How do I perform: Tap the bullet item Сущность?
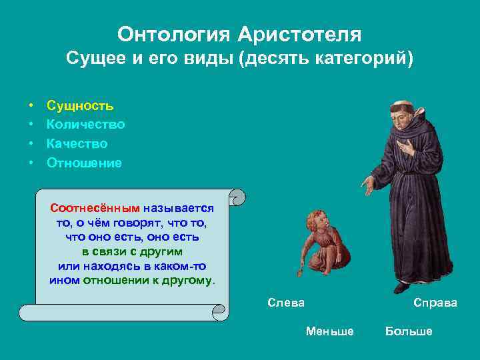pos(80,105)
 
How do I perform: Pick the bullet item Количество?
pos(85,125)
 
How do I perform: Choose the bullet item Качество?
pos(77,143)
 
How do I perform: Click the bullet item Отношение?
pos(84,163)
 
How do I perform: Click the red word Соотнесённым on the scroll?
pos(95,208)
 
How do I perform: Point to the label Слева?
pos(285,303)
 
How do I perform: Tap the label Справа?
pos(435,303)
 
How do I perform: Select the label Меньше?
pos(329,331)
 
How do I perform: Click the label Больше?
pos(409,331)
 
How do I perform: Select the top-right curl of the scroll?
pos(238,197)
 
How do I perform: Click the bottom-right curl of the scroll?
pos(220,311)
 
